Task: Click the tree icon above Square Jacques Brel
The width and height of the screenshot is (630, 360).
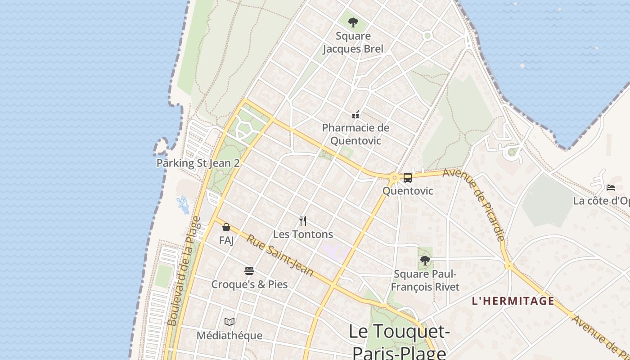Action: pyautogui.click(x=353, y=22)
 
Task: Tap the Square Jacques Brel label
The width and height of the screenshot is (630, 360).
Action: pyautogui.click(x=353, y=42)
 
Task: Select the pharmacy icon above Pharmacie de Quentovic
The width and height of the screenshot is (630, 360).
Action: pyautogui.click(x=355, y=115)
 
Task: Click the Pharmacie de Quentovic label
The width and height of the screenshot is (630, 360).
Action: pyautogui.click(x=355, y=134)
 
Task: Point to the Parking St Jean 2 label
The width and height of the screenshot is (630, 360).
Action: pyautogui.click(x=198, y=163)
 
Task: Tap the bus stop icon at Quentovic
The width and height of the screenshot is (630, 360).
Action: pyautogui.click(x=407, y=178)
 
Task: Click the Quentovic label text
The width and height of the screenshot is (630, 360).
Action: pyautogui.click(x=408, y=191)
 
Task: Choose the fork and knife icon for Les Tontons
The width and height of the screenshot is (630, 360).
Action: pyautogui.click(x=303, y=221)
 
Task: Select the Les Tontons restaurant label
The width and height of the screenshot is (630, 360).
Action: pyautogui.click(x=303, y=234)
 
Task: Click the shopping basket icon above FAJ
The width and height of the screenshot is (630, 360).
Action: pyautogui.click(x=226, y=228)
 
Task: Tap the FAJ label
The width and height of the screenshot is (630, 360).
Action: pyautogui.click(x=226, y=241)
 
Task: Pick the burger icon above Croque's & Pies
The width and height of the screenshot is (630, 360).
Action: pyautogui.click(x=249, y=271)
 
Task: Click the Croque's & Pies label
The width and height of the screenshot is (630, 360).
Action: pyautogui.click(x=249, y=284)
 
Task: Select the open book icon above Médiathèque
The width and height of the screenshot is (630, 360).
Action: pyautogui.click(x=229, y=322)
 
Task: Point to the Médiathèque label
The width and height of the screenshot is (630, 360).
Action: pyautogui.click(x=229, y=336)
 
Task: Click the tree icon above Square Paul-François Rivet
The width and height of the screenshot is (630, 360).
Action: pyautogui.click(x=425, y=260)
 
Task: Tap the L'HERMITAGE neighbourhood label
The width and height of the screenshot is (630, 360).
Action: pyautogui.click(x=513, y=301)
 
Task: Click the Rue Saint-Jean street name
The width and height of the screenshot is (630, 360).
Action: pyautogui.click(x=279, y=255)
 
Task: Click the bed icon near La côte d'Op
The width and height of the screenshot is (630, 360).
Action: pyautogui.click(x=611, y=187)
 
